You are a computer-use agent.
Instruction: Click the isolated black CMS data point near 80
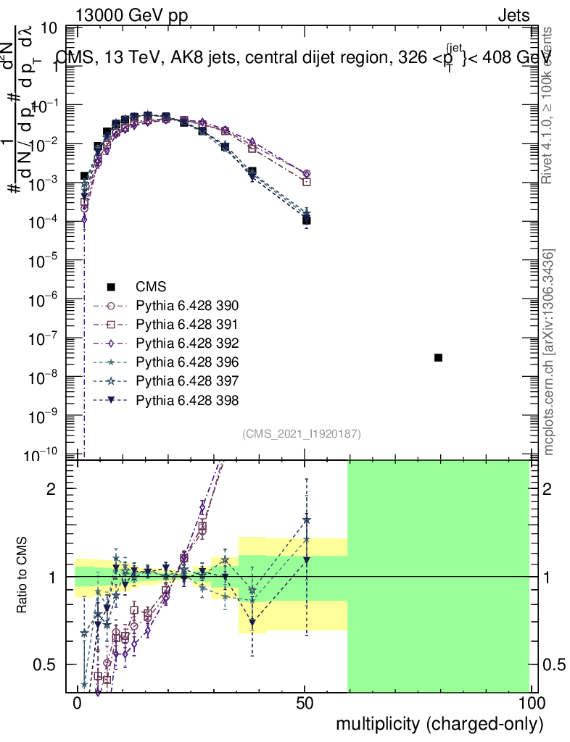[438, 358]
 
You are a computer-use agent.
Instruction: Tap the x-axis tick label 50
[305, 704]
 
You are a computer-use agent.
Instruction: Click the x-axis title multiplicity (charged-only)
[439, 722]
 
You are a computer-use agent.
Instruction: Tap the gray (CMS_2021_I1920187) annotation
[302, 433]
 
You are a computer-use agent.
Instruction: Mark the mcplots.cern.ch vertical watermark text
[550, 351]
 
